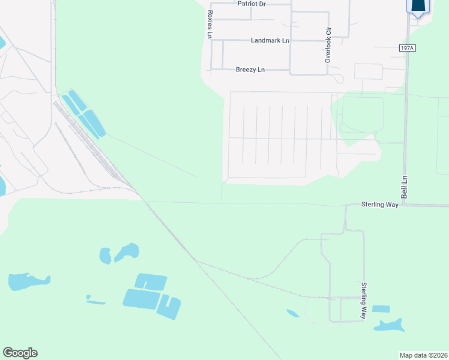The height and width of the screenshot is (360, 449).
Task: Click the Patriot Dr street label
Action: (x=251, y=4)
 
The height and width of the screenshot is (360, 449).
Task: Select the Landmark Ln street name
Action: (x=270, y=40)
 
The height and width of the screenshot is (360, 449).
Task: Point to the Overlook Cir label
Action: (x=328, y=46)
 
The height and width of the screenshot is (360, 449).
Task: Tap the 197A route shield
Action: (x=406, y=48)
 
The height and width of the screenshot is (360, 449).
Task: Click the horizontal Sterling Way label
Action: (x=379, y=205)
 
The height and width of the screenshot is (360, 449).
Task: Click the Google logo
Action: (x=20, y=353)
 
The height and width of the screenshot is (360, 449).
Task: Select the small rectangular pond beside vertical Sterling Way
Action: (x=381, y=309)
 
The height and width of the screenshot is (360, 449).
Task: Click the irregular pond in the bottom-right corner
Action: (x=389, y=325)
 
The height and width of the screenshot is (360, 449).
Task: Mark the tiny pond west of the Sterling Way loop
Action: (x=292, y=313)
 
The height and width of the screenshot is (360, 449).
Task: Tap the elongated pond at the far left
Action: (x=26, y=281)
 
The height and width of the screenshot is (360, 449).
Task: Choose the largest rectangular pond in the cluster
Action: (x=142, y=299)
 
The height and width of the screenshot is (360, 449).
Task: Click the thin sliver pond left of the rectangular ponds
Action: (x=96, y=301)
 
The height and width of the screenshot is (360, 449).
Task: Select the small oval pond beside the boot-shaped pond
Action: (x=105, y=256)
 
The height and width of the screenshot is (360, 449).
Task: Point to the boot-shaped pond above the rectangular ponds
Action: (x=128, y=251)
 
